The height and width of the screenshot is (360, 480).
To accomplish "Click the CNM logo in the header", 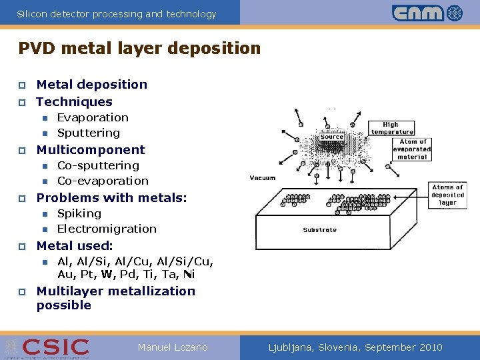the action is click(x=427, y=13).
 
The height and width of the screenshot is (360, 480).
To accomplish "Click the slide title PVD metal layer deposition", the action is click(x=139, y=49).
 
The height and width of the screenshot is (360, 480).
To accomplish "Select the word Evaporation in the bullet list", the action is click(x=93, y=117).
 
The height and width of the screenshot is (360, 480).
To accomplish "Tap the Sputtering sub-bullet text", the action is click(x=89, y=133).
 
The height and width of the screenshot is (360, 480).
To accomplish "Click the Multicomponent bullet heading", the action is click(x=90, y=149).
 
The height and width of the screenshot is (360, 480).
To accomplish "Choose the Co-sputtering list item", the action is click(x=98, y=165).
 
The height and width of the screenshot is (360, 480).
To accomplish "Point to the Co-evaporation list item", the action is click(x=103, y=181).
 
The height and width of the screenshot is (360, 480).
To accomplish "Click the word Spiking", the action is click(x=79, y=213).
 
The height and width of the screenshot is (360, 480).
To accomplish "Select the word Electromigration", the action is click(x=107, y=229).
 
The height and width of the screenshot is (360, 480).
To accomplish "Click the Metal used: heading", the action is click(x=75, y=245).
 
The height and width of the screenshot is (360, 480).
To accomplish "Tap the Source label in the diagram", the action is click(x=331, y=137).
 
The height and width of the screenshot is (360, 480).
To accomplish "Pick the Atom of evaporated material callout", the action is click(x=414, y=149).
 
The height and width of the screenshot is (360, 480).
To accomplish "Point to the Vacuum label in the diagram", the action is click(x=263, y=178).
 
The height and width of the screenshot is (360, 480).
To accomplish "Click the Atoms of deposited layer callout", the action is click(x=447, y=195).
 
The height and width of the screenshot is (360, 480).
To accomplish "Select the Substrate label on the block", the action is click(x=320, y=230).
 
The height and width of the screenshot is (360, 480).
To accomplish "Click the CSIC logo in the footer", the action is click(x=55, y=347).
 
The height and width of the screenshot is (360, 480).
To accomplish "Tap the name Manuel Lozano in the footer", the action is click(x=173, y=347).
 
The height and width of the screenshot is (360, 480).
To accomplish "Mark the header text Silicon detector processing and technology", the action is click(x=117, y=13).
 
